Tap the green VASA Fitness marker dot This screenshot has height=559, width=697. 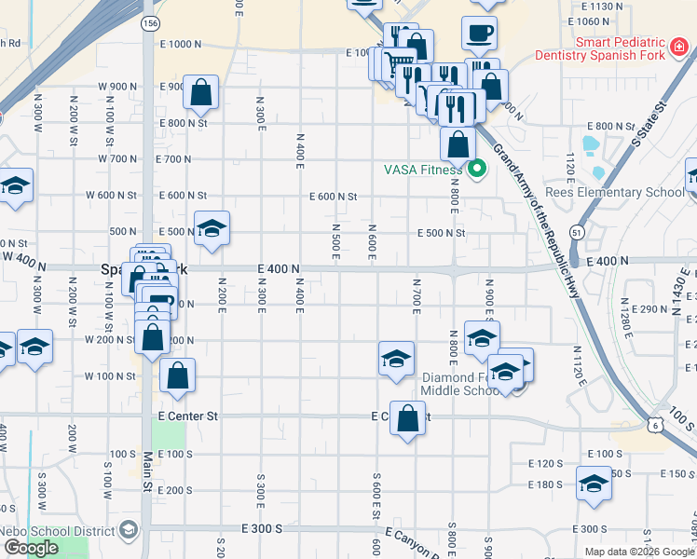click(478, 170)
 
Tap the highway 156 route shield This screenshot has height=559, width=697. click(149, 22)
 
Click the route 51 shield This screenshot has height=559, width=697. click(579, 232)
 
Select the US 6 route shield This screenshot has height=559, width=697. click(658, 424)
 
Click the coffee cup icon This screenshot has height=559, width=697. click(480, 34)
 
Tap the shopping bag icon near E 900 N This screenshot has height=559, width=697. click(200, 91)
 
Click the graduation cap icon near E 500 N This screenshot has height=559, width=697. click(212, 229)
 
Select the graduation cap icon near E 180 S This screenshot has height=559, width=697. click(594, 484)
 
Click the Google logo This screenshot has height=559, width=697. click(31, 548)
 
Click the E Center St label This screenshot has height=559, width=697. click(187, 416)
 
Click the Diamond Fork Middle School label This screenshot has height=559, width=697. click(461, 384)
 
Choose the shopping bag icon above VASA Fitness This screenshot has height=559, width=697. click(458, 144)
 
